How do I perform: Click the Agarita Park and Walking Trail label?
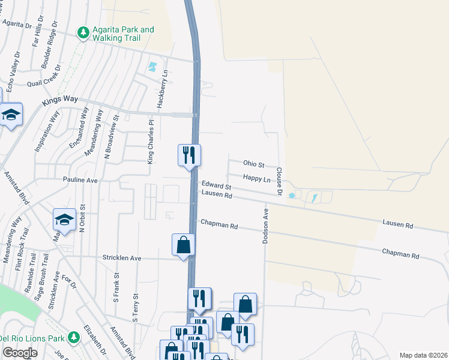[x=123, y=34]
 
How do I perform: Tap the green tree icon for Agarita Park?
[x=84, y=34]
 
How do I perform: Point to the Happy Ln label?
[x=256, y=178]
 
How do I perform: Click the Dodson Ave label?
[x=265, y=226]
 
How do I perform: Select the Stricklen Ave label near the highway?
[x=122, y=258]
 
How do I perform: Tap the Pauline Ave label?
[x=80, y=179]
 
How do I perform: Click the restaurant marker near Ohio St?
[x=189, y=155]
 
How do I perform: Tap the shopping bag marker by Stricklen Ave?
[x=183, y=245]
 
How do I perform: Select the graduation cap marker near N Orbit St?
[x=64, y=220]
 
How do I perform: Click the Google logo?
[x=20, y=353]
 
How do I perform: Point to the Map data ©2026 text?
[x=423, y=355]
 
